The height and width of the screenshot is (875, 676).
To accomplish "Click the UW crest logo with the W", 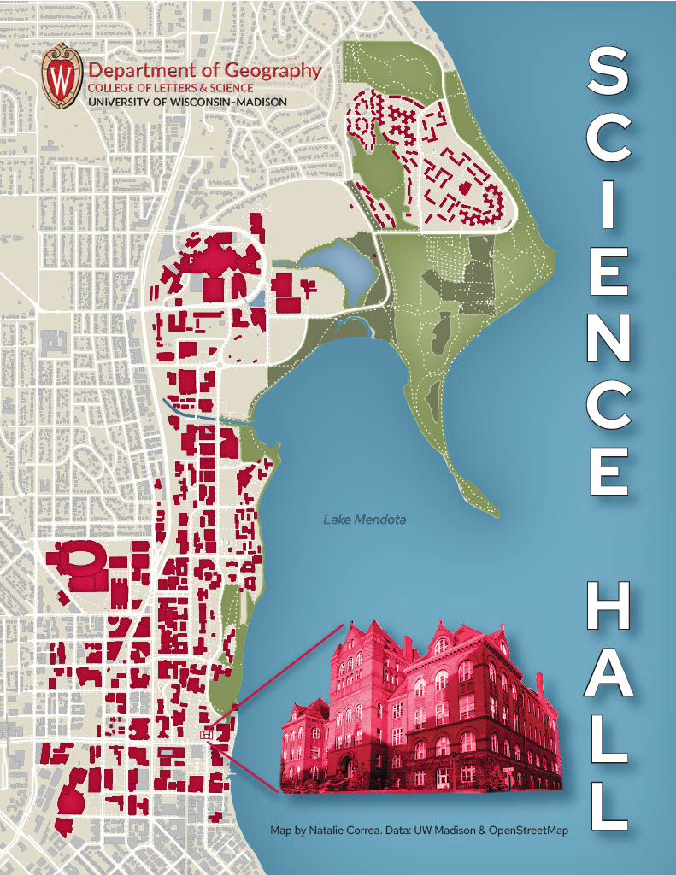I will tap(62, 77).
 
